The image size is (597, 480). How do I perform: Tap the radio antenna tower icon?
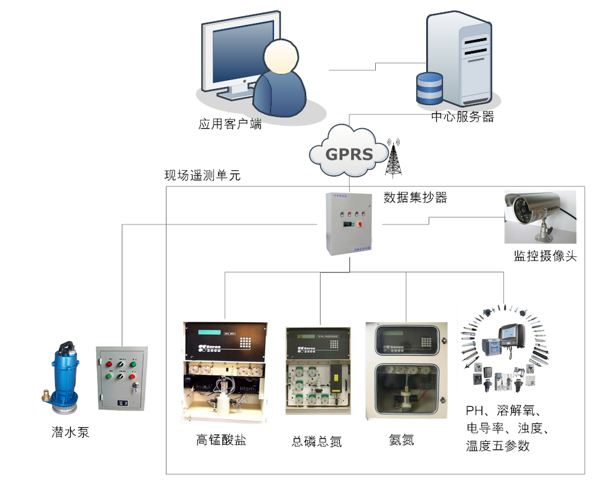coord(393,159)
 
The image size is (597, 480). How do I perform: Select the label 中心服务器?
coord(462,117)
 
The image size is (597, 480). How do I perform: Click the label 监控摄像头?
coord(545,256)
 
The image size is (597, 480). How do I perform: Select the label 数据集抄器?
coord(415,198)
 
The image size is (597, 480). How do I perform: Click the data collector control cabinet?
coord(349,224)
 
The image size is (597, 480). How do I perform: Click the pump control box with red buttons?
coord(122,379)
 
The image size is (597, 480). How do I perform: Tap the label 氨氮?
coord(401,440)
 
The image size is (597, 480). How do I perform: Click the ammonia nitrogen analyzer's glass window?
coord(406,391)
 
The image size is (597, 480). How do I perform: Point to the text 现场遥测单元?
coord(202,175)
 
